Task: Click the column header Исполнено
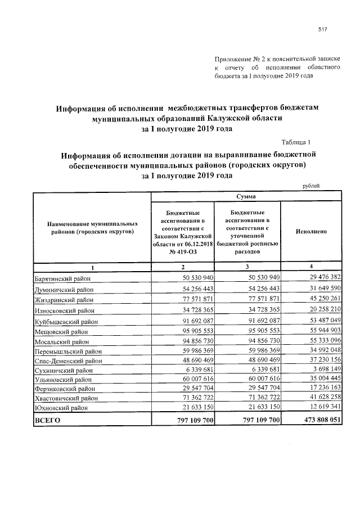[x=311, y=231]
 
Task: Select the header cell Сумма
[x=246, y=197]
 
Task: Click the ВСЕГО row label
[x=48, y=420]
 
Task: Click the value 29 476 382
[x=321, y=278]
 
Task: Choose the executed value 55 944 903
[x=321, y=330]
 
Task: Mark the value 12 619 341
[x=321, y=407]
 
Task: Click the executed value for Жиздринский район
[x=321, y=298]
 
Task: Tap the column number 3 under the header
[x=247, y=265]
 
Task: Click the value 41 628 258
[x=321, y=397]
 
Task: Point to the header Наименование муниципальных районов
[x=93, y=227]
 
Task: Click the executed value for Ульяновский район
[x=321, y=379]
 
